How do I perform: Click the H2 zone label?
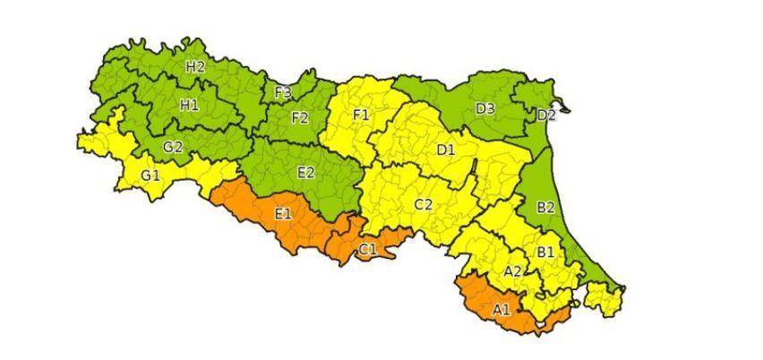pyautogui.click(x=195, y=67)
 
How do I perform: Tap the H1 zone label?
pyautogui.click(x=189, y=105)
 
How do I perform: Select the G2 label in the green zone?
pyautogui.click(x=173, y=147)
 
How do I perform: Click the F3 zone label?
pyautogui.click(x=283, y=92)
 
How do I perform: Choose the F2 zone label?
pyautogui.click(x=299, y=117)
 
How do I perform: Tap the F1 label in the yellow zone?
pyautogui.click(x=362, y=116)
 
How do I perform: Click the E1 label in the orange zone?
pyautogui.click(x=283, y=213)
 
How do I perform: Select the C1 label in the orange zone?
pyautogui.click(x=367, y=248)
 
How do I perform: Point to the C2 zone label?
pyautogui.click(x=424, y=205)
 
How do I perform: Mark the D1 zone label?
pyautogui.click(x=446, y=150)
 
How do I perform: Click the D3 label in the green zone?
pyautogui.click(x=485, y=109)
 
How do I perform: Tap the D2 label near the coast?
pyautogui.click(x=546, y=116)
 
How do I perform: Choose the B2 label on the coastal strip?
pyautogui.click(x=545, y=209)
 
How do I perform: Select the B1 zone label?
pyautogui.click(x=545, y=253)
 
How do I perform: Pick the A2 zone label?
pyautogui.click(x=513, y=270)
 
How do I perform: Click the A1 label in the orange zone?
pyautogui.click(x=502, y=310)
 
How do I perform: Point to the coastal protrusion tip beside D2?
pyautogui.click(x=565, y=110)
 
